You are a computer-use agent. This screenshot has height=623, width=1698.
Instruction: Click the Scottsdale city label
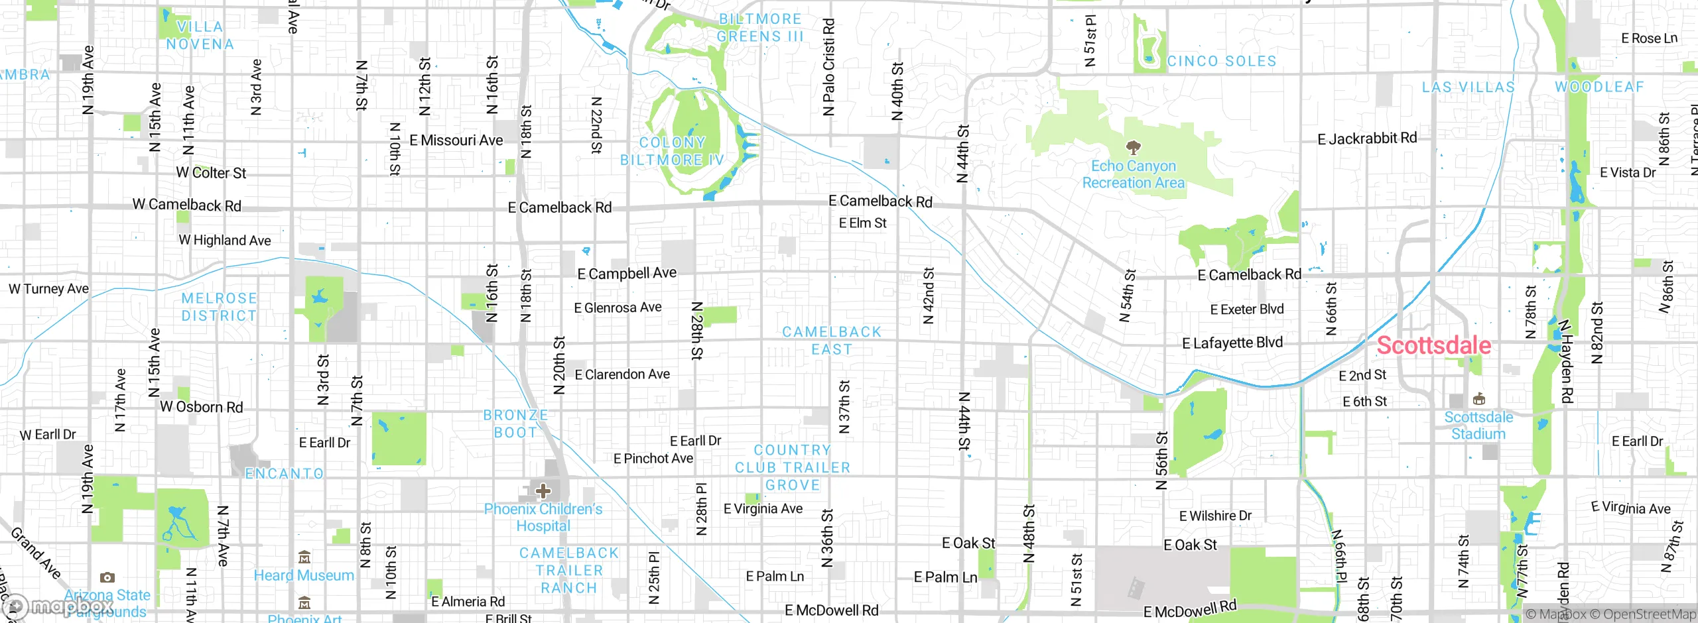(1433, 345)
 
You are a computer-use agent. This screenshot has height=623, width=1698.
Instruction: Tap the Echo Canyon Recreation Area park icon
(1133, 147)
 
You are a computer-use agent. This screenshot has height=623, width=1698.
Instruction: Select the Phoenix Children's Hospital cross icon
(543, 491)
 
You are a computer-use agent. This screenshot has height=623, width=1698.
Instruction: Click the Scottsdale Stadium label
(1478, 425)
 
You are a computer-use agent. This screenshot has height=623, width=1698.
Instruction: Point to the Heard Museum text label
(304, 575)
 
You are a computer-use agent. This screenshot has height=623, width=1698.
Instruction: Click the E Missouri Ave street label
(456, 141)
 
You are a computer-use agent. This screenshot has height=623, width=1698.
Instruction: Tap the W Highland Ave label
(225, 240)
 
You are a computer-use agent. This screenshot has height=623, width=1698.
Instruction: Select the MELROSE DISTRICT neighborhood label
(219, 307)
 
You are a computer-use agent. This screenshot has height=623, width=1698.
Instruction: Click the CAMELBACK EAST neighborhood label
(832, 340)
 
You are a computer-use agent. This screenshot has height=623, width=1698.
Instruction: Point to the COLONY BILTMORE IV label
(672, 151)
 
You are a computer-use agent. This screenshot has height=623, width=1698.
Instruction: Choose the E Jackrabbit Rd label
(1367, 139)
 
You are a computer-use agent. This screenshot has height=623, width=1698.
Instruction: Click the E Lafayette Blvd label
(1232, 343)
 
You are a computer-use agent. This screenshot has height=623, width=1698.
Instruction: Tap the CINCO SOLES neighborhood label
(1222, 61)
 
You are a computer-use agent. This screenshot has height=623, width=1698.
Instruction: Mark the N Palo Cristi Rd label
(828, 66)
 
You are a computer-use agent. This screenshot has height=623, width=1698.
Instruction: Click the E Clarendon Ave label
(622, 374)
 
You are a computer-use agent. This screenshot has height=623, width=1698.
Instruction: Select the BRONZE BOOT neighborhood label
(515, 424)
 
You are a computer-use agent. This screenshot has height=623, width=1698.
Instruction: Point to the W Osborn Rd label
(202, 407)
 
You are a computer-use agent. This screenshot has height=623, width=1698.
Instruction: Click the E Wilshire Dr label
(1215, 516)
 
